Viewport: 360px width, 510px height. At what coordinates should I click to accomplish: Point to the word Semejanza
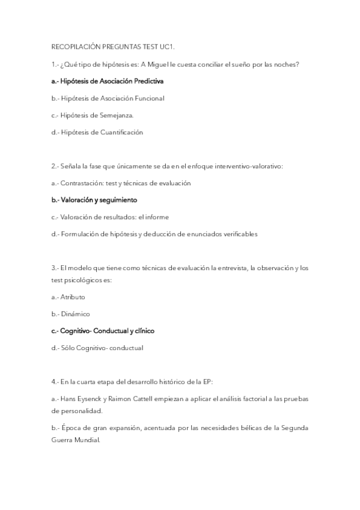tap(120, 115)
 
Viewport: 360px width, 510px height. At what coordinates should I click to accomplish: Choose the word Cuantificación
tap(123, 132)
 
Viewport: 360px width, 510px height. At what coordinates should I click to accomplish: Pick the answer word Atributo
tap(73, 297)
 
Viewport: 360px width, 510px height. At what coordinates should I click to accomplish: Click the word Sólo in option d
tap(68, 348)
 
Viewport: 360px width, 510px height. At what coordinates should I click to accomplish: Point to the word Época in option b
tap(70, 428)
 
